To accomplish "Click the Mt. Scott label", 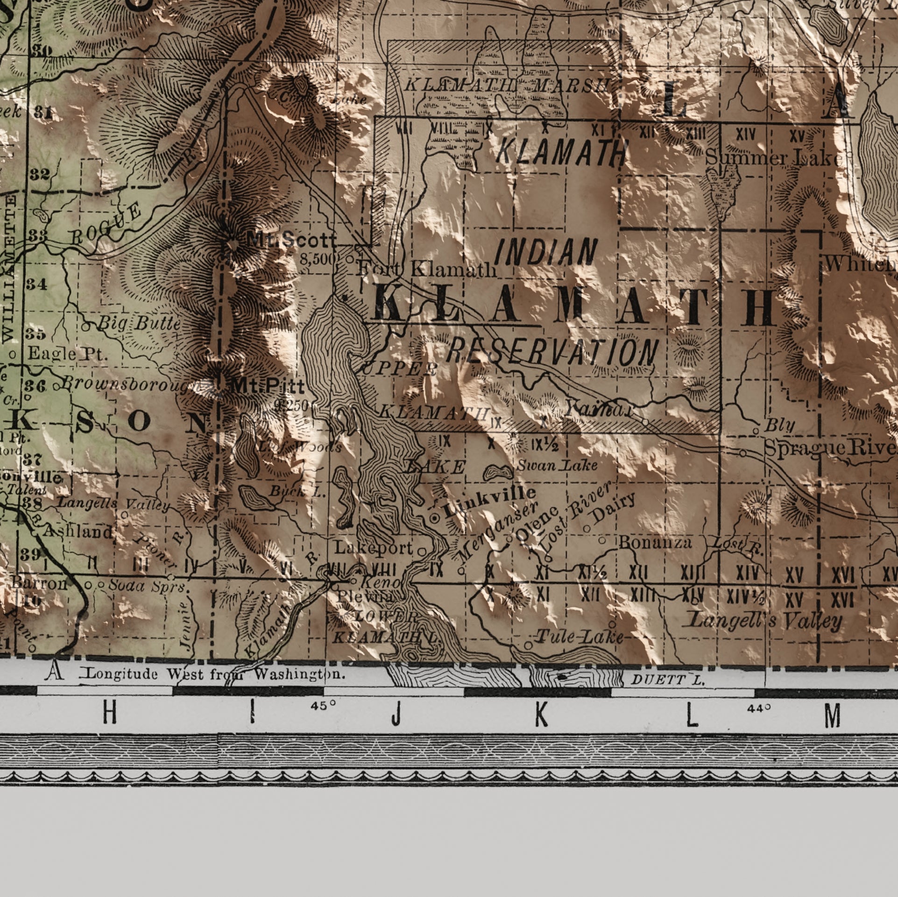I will pyautogui.click(x=291, y=240).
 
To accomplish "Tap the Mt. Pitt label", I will pyautogui.click(x=268, y=386).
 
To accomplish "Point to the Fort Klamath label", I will pyautogui.click(x=426, y=269).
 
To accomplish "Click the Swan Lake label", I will pyautogui.click(x=557, y=465).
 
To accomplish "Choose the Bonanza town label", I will pyautogui.click(x=655, y=542).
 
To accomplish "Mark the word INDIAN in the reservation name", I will pyautogui.click(x=546, y=252).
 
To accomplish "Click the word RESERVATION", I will pyautogui.click(x=552, y=352).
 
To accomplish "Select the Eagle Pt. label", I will pyautogui.click(x=68, y=354).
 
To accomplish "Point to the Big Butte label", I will pyautogui.click(x=139, y=323).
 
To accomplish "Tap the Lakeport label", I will pyautogui.click(x=374, y=548).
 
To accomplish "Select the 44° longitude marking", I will pyautogui.click(x=758, y=708).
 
